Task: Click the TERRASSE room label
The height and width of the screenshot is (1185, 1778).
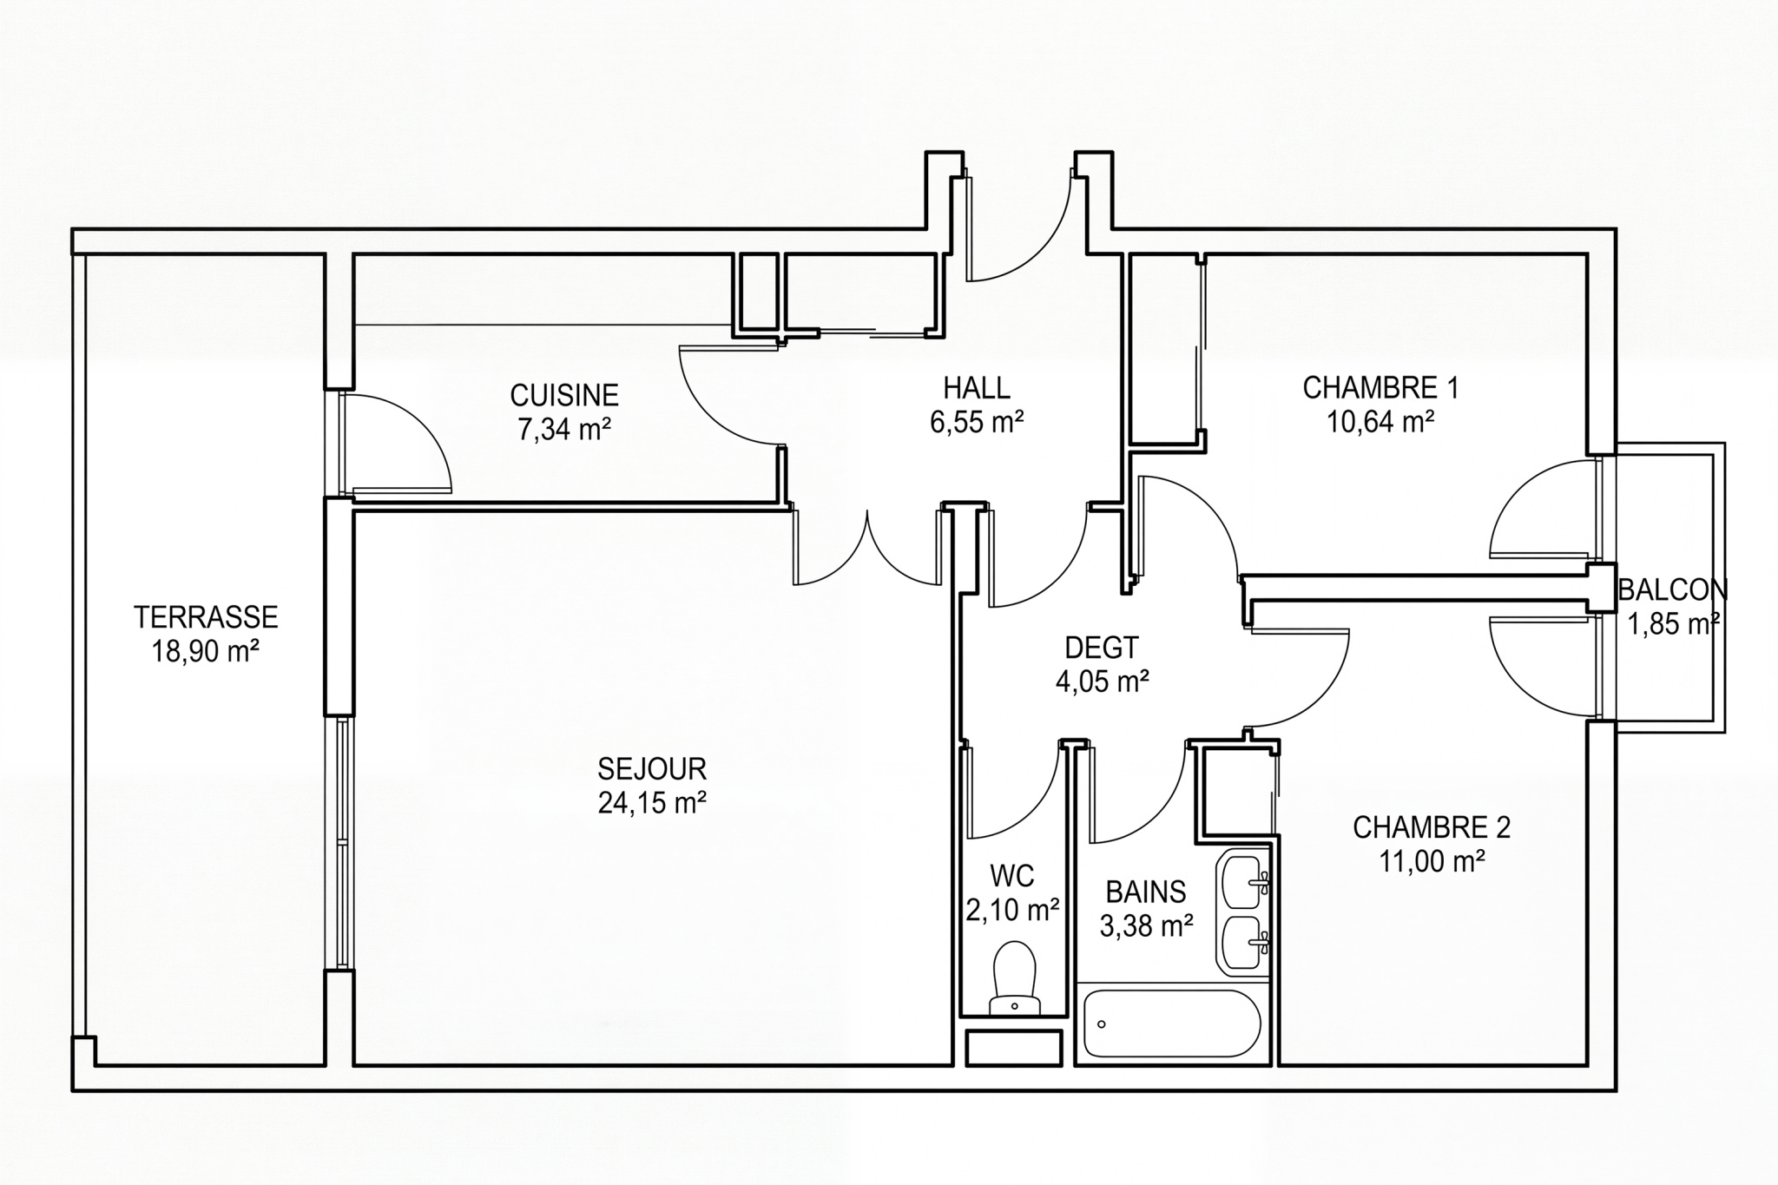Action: pyautogui.click(x=206, y=617)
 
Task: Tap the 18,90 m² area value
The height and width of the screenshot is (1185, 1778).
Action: pyautogui.click(x=206, y=651)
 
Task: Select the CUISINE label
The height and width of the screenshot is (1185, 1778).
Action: pyautogui.click(x=564, y=396)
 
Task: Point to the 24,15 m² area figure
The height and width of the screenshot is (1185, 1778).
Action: pyautogui.click(x=651, y=802)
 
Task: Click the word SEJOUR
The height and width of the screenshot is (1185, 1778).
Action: pyautogui.click(x=652, y=768)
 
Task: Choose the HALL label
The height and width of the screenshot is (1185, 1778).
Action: pyautogui.click(x=977, y=387)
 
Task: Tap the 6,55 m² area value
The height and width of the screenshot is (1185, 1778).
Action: pyautogui.click(x=977, y=422)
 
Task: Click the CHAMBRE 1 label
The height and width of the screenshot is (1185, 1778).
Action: pyautogui.click(x=1380, y=387)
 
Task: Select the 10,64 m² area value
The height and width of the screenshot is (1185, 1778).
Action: pyautogui.click(x=1380, y=421)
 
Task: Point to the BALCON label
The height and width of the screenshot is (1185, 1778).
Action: pyautogui.click(x=1673, y=590)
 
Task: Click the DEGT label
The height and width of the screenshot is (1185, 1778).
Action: pyautogui.click(x=1102, y=648)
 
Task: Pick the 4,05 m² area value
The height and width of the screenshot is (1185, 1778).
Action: pyautogui.click(x=1103, y=681)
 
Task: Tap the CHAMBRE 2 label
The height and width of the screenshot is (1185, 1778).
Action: pyautogui.click(x=1432, y=827)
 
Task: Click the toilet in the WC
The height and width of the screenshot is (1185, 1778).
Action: pyautogui.click(x=1015, y=978)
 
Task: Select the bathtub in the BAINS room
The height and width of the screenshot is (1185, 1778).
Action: pyautogui.click(x=1171, y=1024)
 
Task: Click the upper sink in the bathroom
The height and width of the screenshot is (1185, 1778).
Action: pyautogui.click(x=1244, y=880)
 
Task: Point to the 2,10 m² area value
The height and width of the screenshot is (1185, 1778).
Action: pyautogui.click(x=1012, y=909)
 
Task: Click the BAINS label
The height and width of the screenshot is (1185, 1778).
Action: pyautogui.click(x=1146, y=892)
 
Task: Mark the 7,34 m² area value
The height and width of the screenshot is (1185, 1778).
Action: pyautogui.click(x=564, y=429)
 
